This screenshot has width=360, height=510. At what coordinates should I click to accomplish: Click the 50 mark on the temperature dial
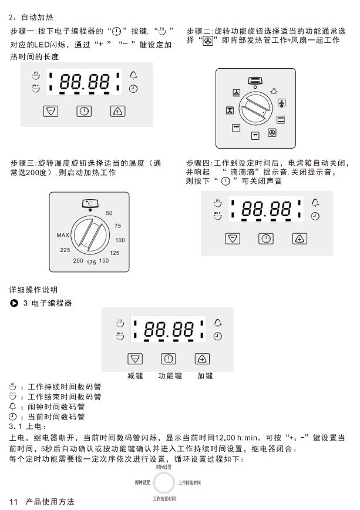click(109, 213)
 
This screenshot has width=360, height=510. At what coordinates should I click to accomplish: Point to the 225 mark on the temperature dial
click(65, 250)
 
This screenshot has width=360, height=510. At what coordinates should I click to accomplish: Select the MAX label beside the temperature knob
click(63, 235)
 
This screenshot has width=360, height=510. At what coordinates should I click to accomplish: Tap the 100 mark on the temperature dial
click(120, 240)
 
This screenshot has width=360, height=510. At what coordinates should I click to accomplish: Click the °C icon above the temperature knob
click(90, 204)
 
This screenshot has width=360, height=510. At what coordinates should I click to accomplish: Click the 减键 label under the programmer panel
click(135, 376)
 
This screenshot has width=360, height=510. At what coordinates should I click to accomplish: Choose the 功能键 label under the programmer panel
click(170, 376)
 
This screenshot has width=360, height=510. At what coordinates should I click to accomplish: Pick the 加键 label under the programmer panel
click(205, 376)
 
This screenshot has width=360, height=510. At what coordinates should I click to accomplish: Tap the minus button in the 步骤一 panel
click(51, 111)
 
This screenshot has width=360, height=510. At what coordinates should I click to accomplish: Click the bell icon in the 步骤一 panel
click(133, 75)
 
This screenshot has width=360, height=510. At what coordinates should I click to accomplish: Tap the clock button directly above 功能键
click(169, 359)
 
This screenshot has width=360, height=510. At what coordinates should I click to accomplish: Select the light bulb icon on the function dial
click(274, 92)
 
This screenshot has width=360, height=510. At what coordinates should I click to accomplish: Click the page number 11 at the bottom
click(14, 502)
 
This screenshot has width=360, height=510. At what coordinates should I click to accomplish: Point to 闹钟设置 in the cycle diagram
click(143, 482)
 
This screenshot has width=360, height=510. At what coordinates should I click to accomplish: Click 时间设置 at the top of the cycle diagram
click(164, 467)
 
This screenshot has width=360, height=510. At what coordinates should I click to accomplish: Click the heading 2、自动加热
click(31, 17)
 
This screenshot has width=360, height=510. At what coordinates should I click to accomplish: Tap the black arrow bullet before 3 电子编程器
click(14, 303)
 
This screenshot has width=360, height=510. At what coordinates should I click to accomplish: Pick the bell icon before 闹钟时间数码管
click(13, 407)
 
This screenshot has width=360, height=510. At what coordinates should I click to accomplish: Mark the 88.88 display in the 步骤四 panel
click(266, 209)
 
